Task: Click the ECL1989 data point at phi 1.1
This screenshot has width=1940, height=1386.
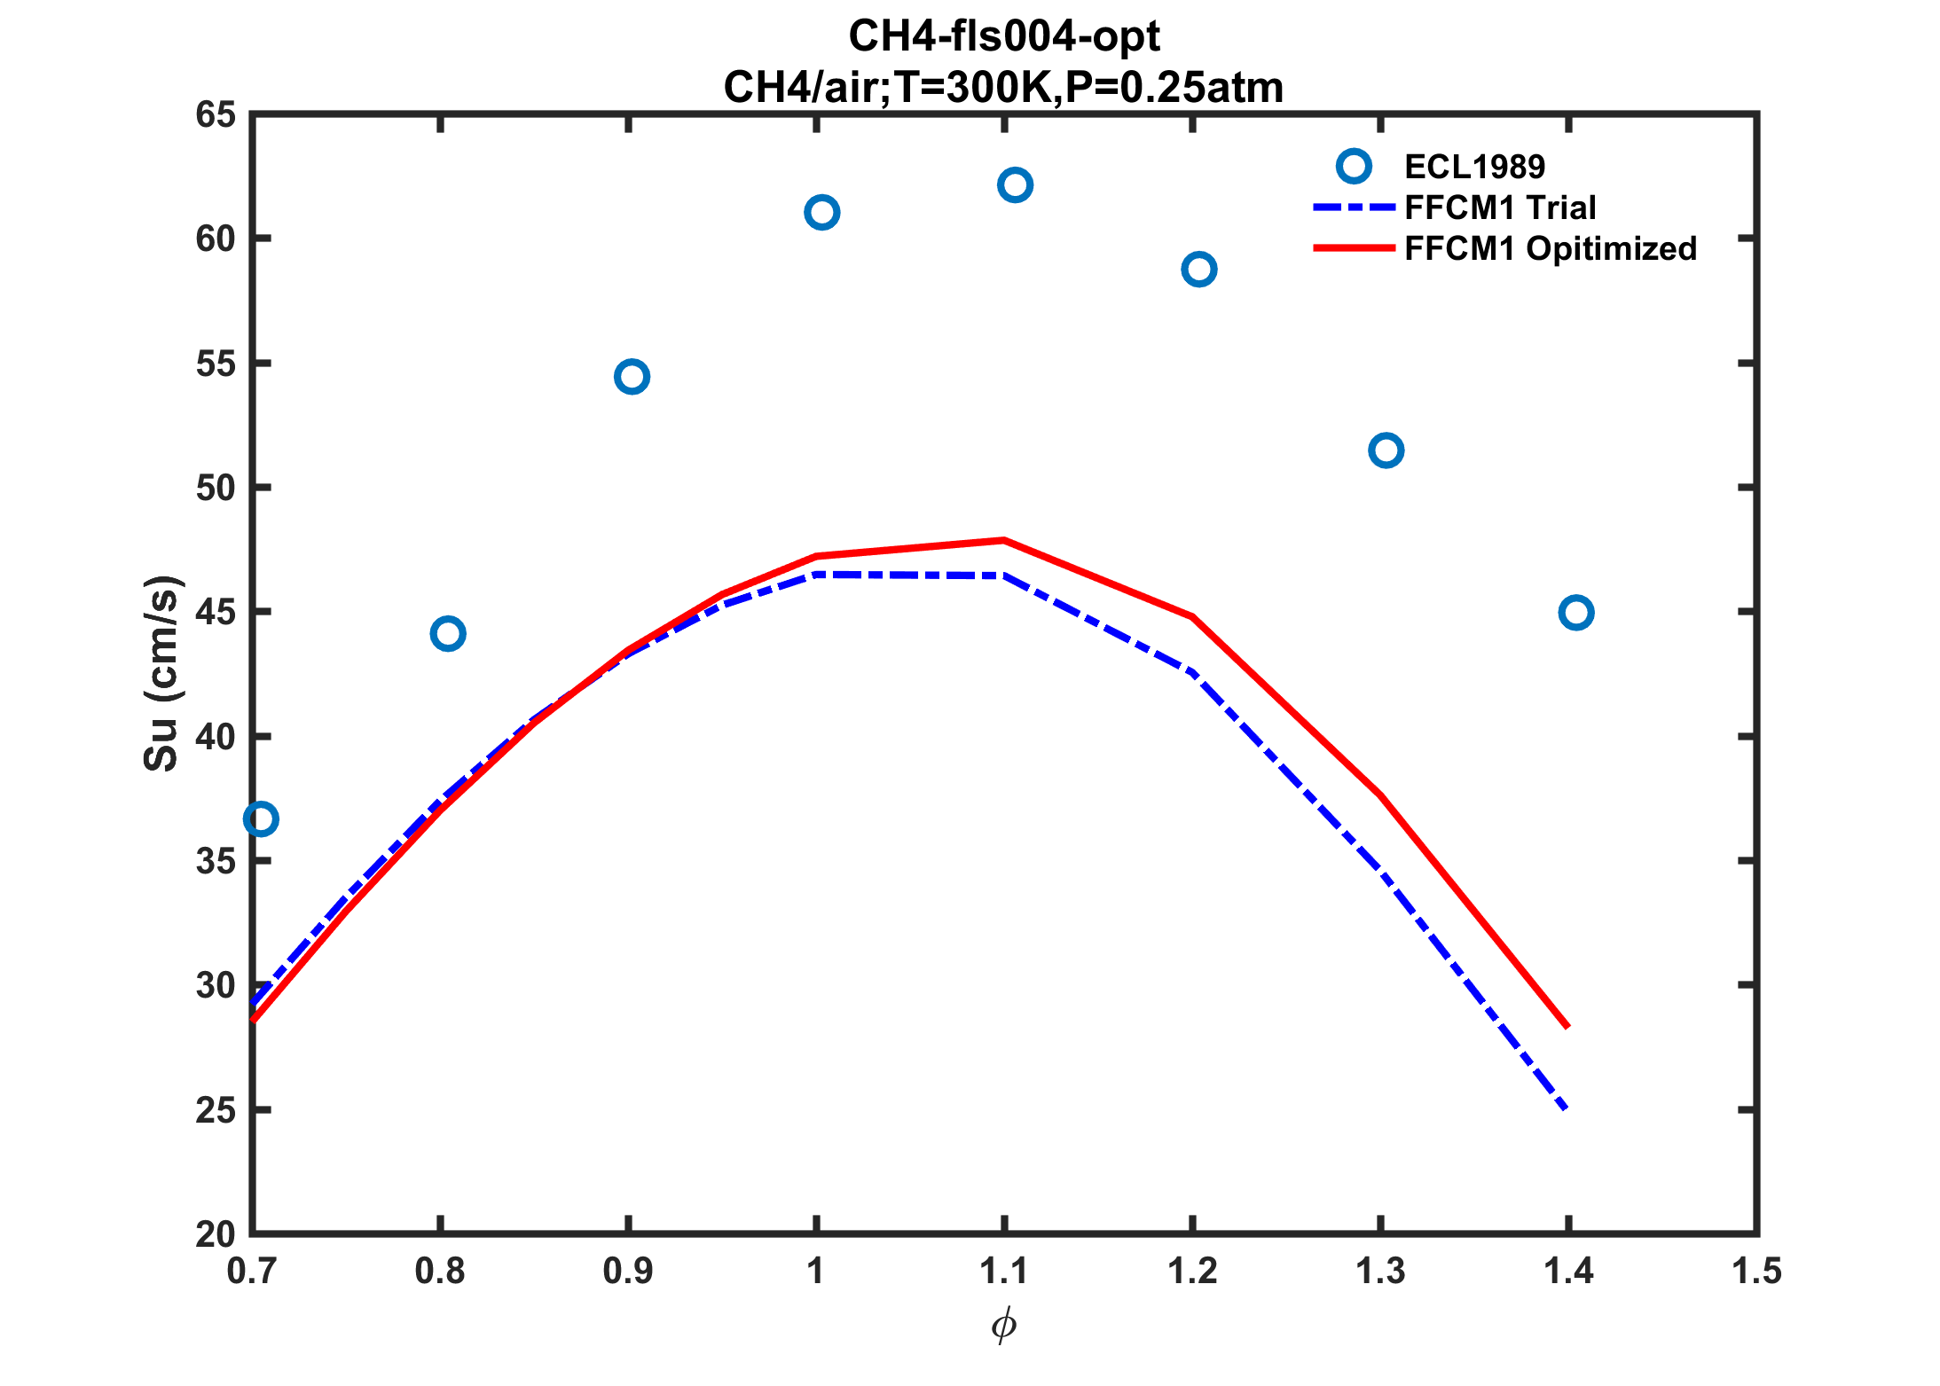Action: [1015, 185]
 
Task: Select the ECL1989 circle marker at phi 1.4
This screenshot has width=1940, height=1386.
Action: [1575, 613]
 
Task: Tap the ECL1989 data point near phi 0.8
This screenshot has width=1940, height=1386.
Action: [448, 634]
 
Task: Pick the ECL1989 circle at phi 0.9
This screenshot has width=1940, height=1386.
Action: [632, 377]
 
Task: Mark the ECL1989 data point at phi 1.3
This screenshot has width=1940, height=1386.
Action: [1386, 450]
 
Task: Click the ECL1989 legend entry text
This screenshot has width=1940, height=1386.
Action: [1474, 167]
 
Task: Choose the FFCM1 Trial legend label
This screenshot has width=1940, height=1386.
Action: [1500, 208]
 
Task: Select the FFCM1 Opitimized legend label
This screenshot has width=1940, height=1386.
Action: [1551, 248]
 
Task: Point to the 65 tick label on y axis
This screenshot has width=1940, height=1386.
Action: [216, 115]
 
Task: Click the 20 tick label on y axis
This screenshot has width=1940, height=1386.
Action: [216, 1234]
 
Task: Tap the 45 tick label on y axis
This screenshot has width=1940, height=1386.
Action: [216, 612]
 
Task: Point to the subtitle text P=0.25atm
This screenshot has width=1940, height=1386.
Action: [1174, 88]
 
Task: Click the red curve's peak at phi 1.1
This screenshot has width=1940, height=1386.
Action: [1003, 540]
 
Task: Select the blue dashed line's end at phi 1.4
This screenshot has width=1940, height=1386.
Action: [1567, 1108]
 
